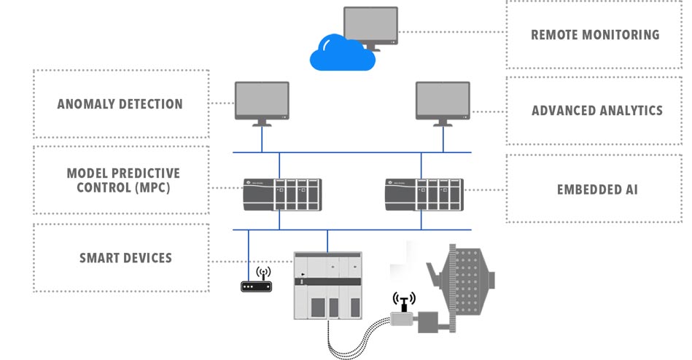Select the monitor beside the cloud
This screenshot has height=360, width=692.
[x=370, y=26]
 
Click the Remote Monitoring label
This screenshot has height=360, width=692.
[x=595, y=34]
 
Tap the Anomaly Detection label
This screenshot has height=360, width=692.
[x=120, y=103]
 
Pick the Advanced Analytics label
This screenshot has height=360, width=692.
[x=596, y=111]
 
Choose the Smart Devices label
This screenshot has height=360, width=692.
[x=125, y=257]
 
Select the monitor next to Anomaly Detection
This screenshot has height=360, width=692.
[x=262, y=101]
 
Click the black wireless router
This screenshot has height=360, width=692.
[x=257, y=286]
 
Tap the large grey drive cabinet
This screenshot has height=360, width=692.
[x=327, y=286]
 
